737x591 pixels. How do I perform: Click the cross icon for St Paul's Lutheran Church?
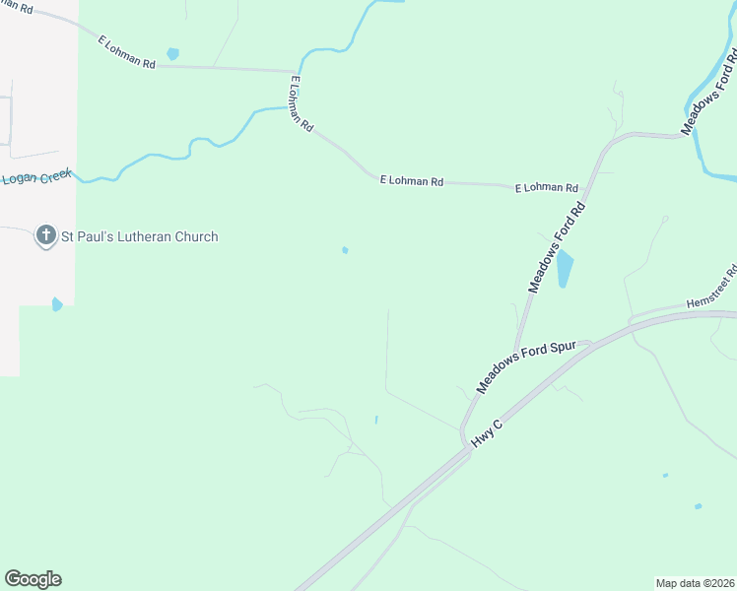point(45,236)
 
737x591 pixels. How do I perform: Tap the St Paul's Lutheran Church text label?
point(138,237)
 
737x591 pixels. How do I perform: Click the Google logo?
point(33,579)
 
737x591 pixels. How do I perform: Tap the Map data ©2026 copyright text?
point(695,583)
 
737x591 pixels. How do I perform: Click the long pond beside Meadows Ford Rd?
point(564,269)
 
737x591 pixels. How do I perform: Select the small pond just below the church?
point(57,304)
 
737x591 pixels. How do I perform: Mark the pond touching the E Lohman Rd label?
point(173,53)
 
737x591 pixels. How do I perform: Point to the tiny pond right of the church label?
point(345,250)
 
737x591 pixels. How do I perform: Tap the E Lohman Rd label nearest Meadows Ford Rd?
point(546,187)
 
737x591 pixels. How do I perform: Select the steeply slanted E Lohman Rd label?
point(301,105)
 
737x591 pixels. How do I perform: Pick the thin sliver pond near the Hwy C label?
point(375,420)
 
